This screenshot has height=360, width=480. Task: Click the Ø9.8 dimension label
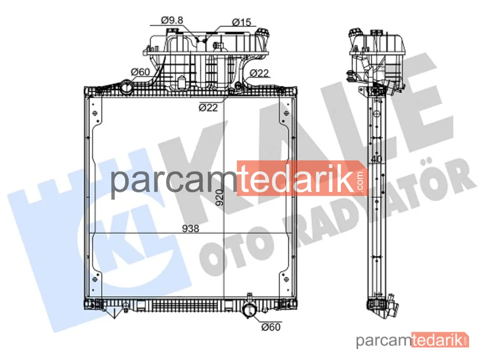coord(172,20)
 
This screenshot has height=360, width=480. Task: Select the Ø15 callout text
coord(241,22)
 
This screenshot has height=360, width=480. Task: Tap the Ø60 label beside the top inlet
coord(141,72)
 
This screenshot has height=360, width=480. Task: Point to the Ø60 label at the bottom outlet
coord(271,327)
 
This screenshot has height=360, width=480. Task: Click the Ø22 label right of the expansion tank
coord(259,73)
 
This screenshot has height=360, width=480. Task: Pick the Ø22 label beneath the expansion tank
coord(208,108)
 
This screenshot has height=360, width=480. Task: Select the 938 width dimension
coord(191,228)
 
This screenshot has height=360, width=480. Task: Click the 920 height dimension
coord(219,197)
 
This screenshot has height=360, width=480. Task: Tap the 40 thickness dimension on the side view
coord(376,159)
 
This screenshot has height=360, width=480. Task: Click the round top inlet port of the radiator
coord(126,87)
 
